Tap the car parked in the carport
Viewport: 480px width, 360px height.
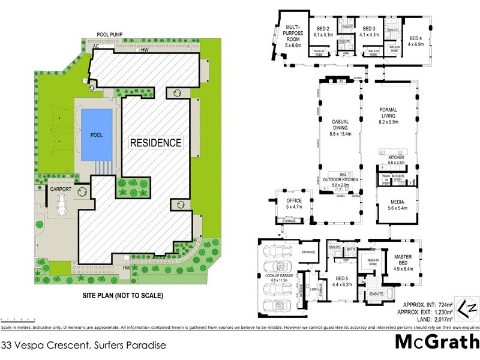click(61, 206)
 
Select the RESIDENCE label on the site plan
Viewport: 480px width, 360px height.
click(156, 143)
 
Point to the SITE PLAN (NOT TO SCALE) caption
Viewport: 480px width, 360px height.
click(122, 295)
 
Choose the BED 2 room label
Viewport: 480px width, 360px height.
click(324, 32)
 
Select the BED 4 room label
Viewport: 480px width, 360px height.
click(416, 40)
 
